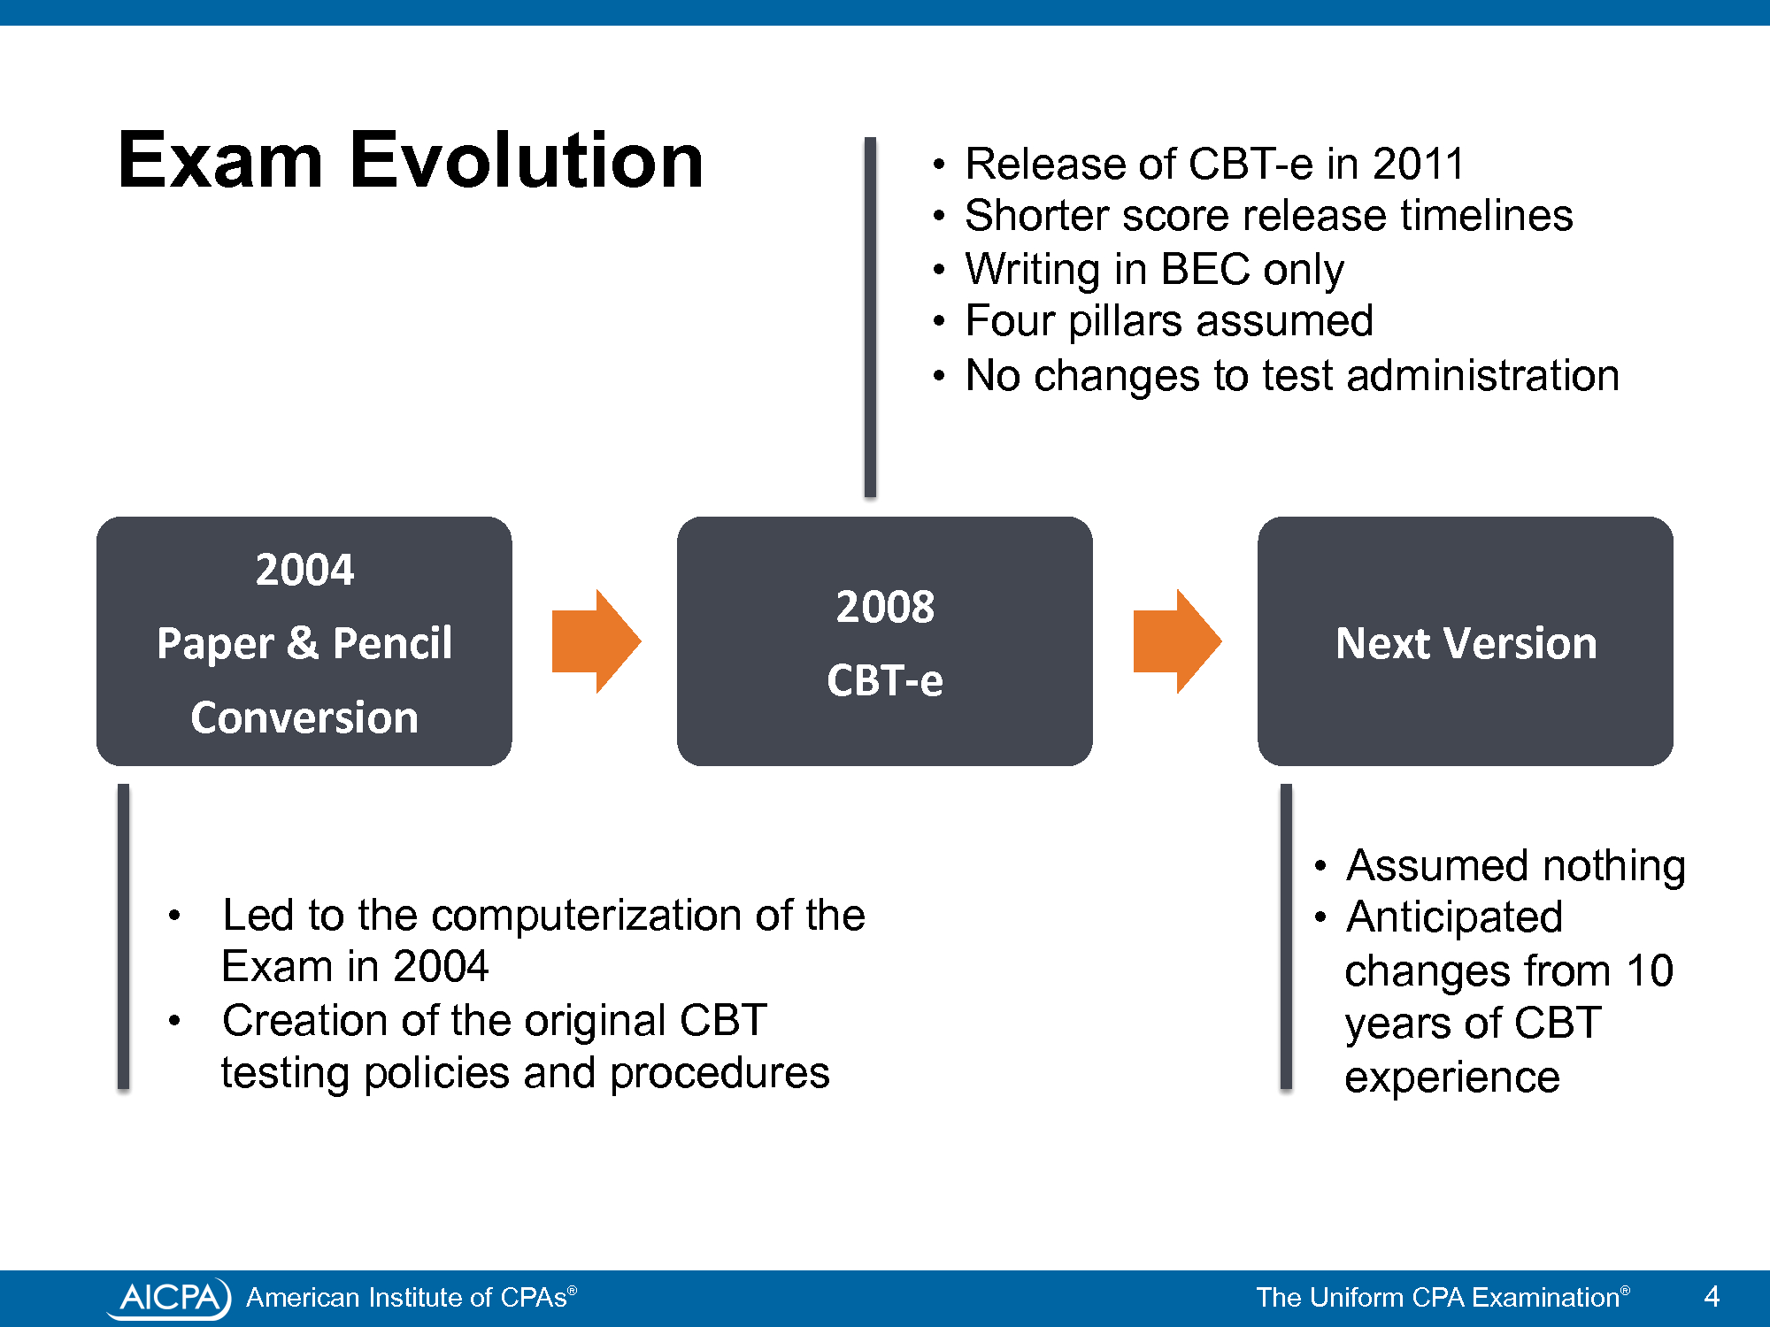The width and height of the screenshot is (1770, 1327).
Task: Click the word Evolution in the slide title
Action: pyautogui.click(x=527, y=160)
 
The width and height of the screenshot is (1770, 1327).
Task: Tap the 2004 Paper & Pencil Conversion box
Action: pyautogui.click(x=304, y=641)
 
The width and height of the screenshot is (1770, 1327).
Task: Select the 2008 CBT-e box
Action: pyautogui.click(x=885, y=641)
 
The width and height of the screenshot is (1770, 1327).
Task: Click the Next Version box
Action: pyautogui.click(x=1466, y=641)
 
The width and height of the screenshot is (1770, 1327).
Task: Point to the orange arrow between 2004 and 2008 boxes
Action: pyautogui.click(x=596, y=641)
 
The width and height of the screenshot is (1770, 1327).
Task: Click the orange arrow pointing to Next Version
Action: pyautogui.click(x=1177, y=641)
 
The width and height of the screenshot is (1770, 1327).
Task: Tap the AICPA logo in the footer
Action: pyautogui.click(x=169, y=1298)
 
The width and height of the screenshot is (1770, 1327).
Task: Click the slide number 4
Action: pyautogui.click(x=1712, y=1297)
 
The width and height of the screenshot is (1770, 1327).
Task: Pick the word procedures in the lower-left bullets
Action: pyautogui.click(x=720, y=1074)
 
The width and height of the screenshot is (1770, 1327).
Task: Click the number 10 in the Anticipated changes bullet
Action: pyautogui.click(x=1649, y=970)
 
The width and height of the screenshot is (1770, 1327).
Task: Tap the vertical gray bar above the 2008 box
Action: pyautogui.click(x=870, y=317)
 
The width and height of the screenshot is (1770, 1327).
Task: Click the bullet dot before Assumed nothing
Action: pyautogui.click(x=1320, y=866)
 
